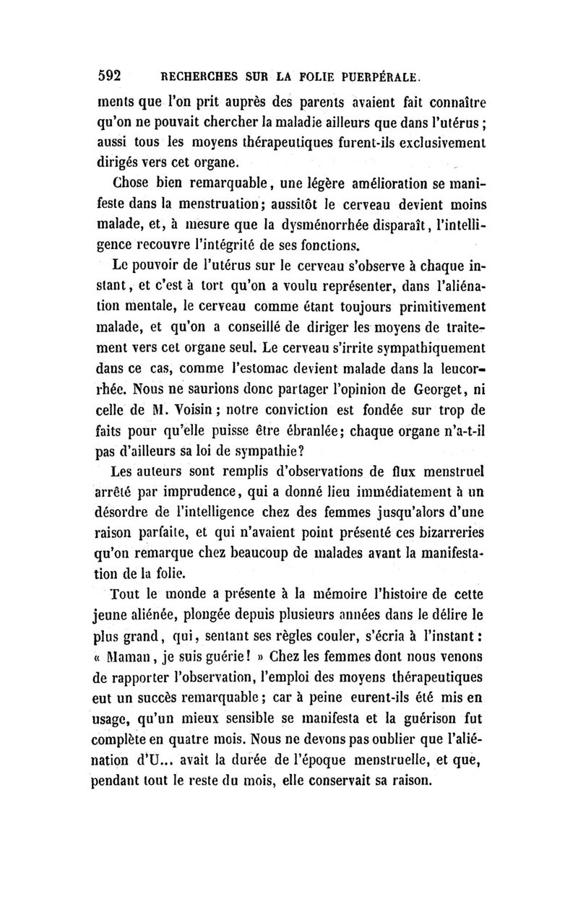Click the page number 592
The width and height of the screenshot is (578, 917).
coord(114,74)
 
